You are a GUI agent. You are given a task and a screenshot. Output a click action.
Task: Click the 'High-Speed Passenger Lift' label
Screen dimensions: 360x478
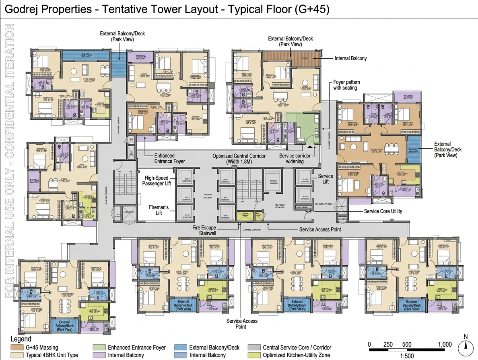coord(157,180)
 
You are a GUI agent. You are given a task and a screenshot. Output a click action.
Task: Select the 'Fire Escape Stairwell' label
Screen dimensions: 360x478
coord(204,230)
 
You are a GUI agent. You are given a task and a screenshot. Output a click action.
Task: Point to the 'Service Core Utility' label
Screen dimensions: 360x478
coord(383,211)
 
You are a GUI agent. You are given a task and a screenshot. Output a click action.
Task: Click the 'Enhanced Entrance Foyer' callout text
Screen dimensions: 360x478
coord(169,158)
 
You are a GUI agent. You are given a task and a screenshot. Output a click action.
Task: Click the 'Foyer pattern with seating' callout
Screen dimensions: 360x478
coord(346,85)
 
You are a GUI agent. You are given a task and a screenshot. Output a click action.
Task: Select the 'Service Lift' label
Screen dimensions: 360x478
coord(326,179)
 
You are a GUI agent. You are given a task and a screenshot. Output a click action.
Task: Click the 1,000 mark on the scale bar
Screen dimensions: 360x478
coord(445,345)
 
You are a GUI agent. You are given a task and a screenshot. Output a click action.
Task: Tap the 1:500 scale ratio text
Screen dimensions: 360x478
coord(407,356)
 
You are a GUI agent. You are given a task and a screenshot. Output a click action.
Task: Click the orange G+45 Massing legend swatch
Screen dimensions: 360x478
coord(16,347)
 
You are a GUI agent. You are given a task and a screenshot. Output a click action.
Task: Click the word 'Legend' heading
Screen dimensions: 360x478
coord(21,340)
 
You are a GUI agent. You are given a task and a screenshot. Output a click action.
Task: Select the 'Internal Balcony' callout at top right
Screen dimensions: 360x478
coord(350,59)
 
